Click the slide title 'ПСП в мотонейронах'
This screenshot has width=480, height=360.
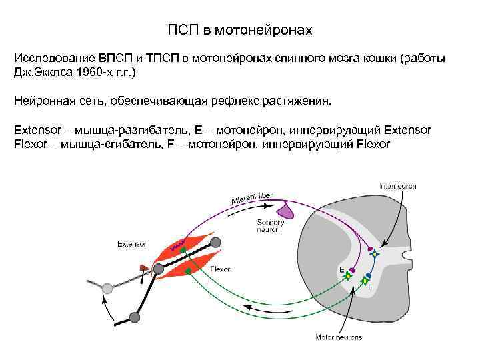[x=239, y=31]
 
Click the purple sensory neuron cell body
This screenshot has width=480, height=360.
[x=285, y=210]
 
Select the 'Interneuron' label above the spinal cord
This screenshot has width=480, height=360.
[x=398, y=186]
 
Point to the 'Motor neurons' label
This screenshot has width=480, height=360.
[x=339, y=337]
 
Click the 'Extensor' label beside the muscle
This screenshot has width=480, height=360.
[x=131, y=243]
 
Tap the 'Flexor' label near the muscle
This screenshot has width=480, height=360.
[x=220, y=269]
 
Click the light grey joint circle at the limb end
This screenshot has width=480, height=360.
[x=107, y=287]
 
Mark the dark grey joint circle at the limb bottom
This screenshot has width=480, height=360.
[x=134, y=317]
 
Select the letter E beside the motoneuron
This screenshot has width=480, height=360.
[x=341, y=270]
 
